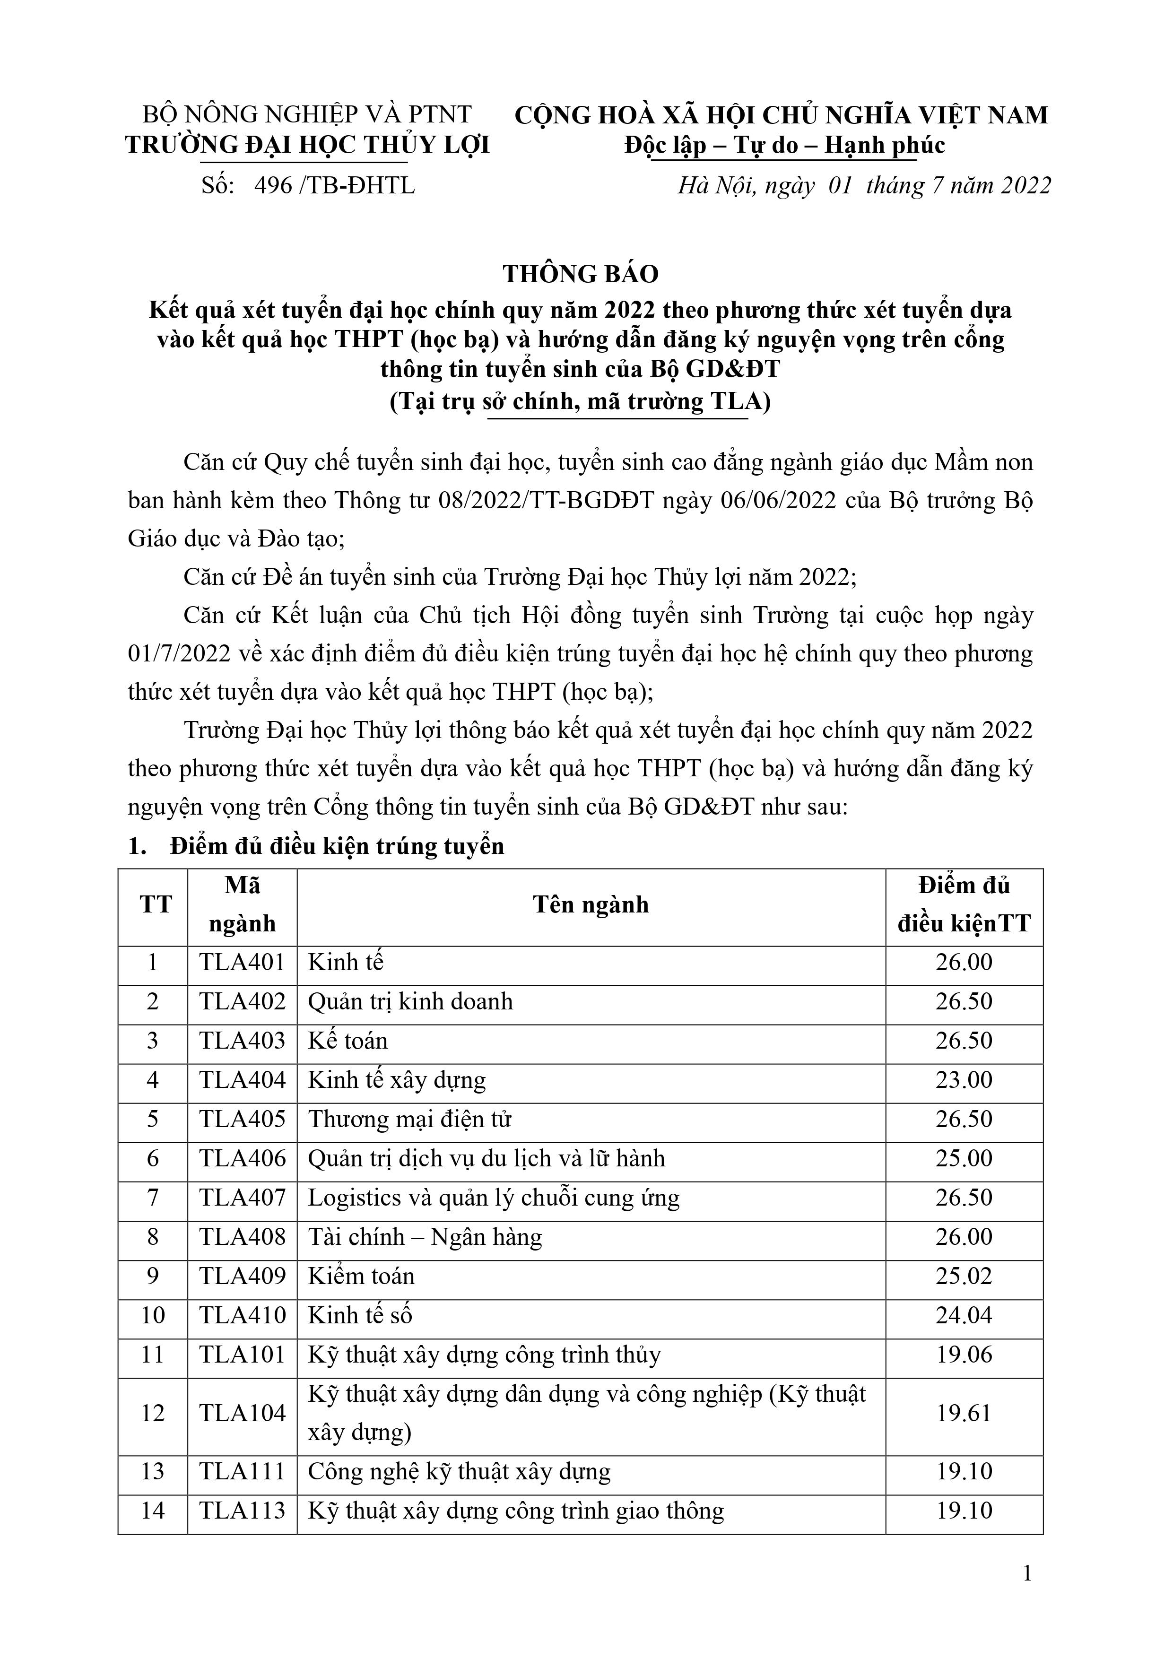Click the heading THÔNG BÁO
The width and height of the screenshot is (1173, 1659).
pos(581,274)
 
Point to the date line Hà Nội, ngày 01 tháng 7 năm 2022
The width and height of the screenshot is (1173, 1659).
pos(864,186)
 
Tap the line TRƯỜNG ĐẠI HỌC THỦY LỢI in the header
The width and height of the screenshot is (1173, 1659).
pos(308,145)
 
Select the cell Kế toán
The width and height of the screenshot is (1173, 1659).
pos(348,1041)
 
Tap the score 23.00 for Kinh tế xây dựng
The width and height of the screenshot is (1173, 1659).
pos(964,1079)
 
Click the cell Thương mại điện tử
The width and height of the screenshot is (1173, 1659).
pos(410,1119)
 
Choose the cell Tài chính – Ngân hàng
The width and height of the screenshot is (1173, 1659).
pos(425,1236)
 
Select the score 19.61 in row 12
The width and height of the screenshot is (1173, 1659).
pos(964,1413)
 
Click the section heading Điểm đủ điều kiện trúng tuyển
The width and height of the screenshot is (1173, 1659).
pos(336,846)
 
